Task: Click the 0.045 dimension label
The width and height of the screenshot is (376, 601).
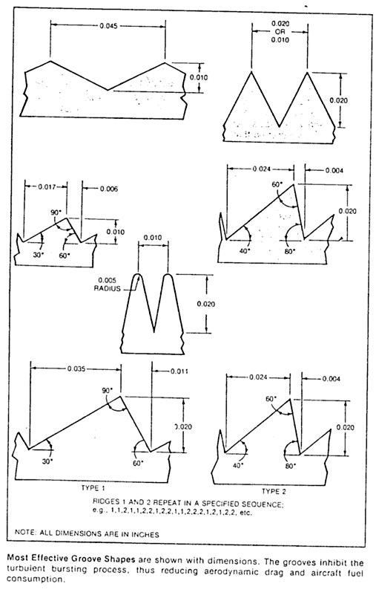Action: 108,26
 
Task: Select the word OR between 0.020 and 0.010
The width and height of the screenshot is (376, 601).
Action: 280,31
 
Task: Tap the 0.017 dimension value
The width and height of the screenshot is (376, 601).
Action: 46,186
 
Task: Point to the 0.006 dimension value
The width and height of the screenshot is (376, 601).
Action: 109,189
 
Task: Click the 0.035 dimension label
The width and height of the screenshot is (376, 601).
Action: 76,368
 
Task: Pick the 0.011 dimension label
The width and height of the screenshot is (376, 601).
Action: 179,371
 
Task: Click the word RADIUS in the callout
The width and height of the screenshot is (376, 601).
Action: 107,289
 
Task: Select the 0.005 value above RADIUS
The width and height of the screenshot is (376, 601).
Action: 107,280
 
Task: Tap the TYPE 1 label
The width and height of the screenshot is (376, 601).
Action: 93,488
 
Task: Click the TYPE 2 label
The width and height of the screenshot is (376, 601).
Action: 274,491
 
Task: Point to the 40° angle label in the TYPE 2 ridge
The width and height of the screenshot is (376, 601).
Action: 238,466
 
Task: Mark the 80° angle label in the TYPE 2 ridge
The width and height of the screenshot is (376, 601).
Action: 291,466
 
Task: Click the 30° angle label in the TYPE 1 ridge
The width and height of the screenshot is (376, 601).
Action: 47,461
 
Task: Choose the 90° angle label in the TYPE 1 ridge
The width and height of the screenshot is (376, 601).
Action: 107,390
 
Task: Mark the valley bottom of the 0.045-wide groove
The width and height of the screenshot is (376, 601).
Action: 108,90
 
